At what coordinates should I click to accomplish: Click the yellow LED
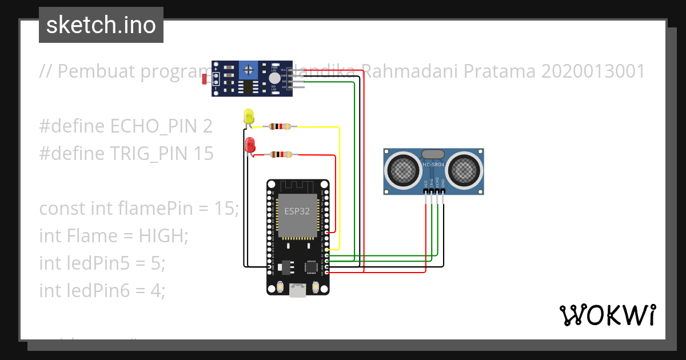click(x=248, y=116)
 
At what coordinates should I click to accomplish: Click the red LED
click(x=250, y=145)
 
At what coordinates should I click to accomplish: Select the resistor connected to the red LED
click(x=280, y=154)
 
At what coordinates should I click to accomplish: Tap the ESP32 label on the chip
click(x=297, y=211)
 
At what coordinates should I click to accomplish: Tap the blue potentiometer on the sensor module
click(x=248, y=70)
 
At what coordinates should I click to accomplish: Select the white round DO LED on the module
click(x=274, y=78)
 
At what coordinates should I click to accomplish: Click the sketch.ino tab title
click(x=101, y=25)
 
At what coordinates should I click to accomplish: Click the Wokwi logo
click(x=607, y=315)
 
